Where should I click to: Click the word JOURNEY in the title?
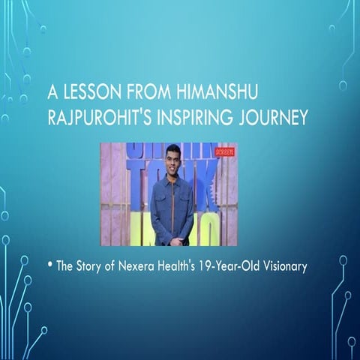274,119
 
